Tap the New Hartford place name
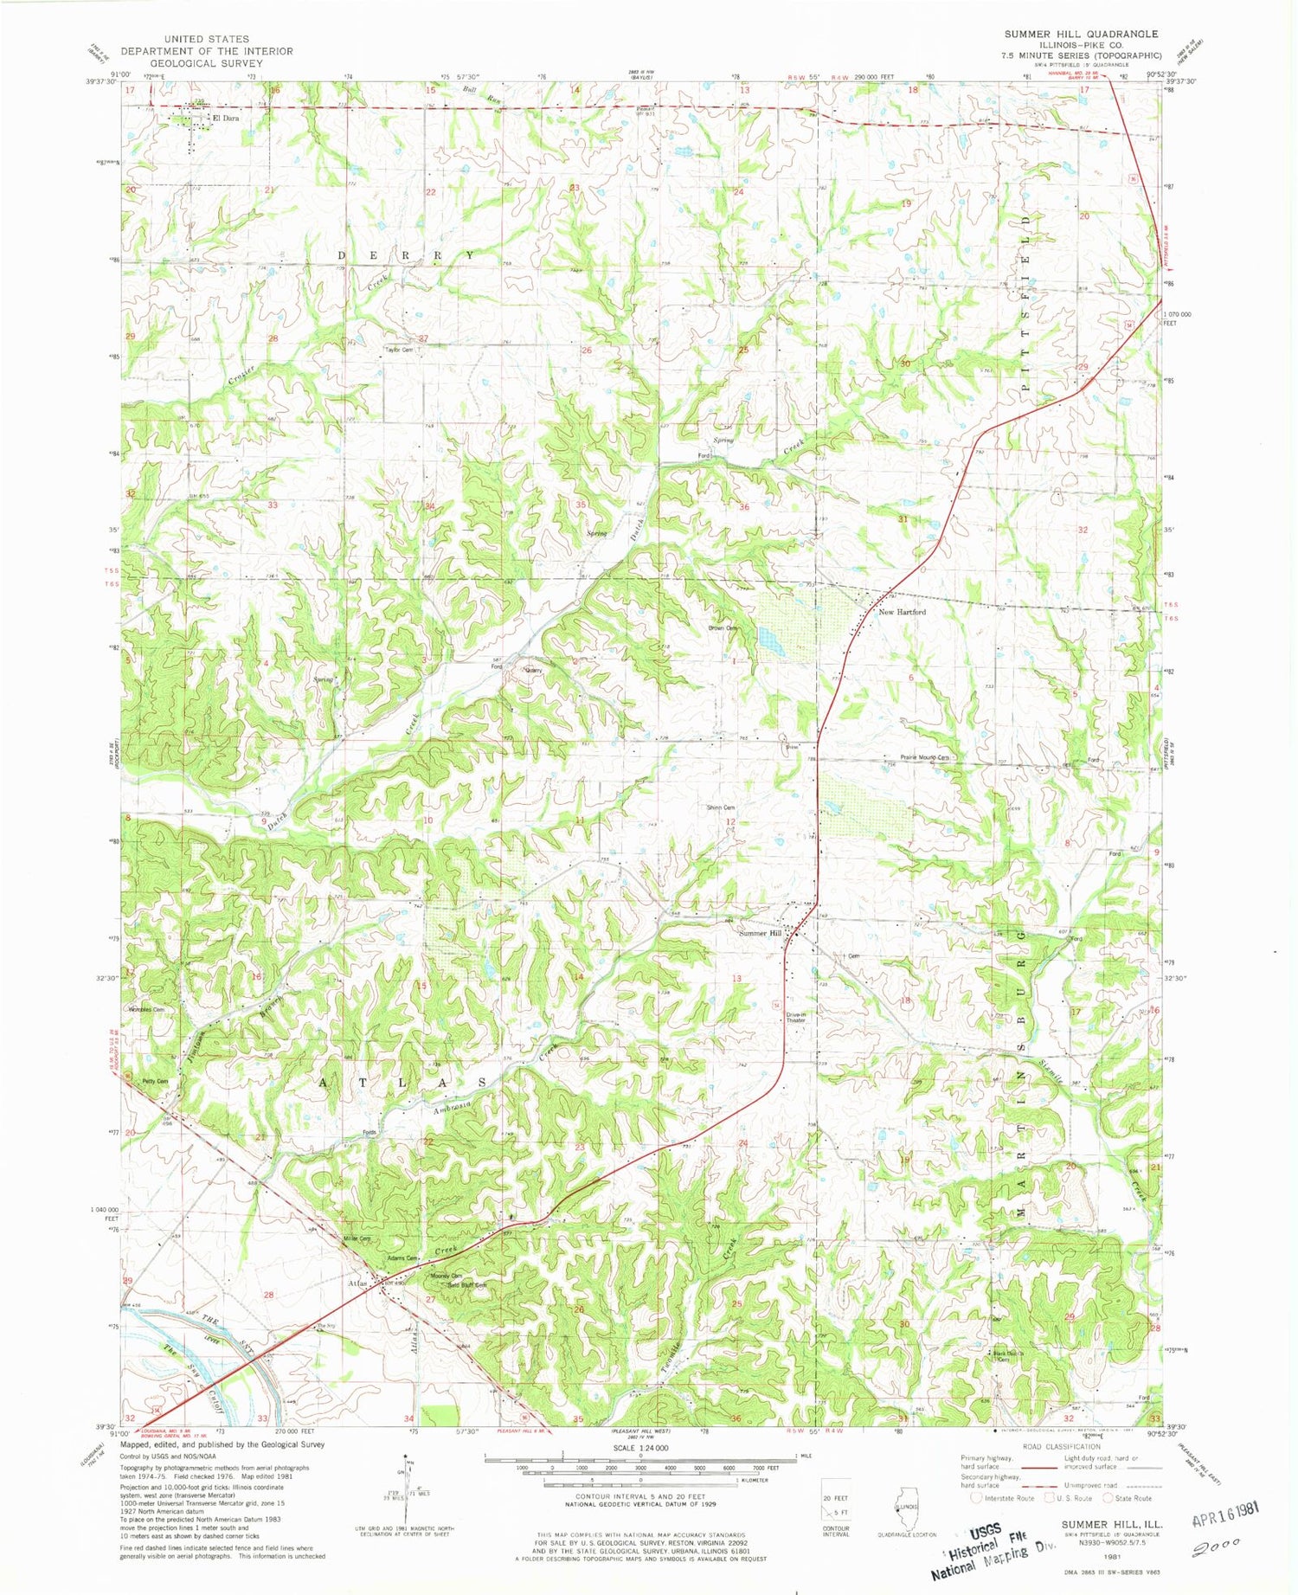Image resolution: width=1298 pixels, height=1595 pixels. [902, 612]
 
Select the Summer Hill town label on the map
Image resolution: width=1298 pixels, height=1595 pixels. [760, 933]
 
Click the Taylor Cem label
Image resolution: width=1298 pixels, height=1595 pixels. [399, 350]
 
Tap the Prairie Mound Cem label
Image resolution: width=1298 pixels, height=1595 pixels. [924, 757]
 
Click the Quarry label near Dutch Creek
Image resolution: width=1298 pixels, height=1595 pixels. [534, 669]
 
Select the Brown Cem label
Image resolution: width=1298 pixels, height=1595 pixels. [722, 628]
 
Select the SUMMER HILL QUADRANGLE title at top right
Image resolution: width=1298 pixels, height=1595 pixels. [1080, 34]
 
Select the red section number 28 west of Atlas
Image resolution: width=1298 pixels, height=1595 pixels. [268, 1295]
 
